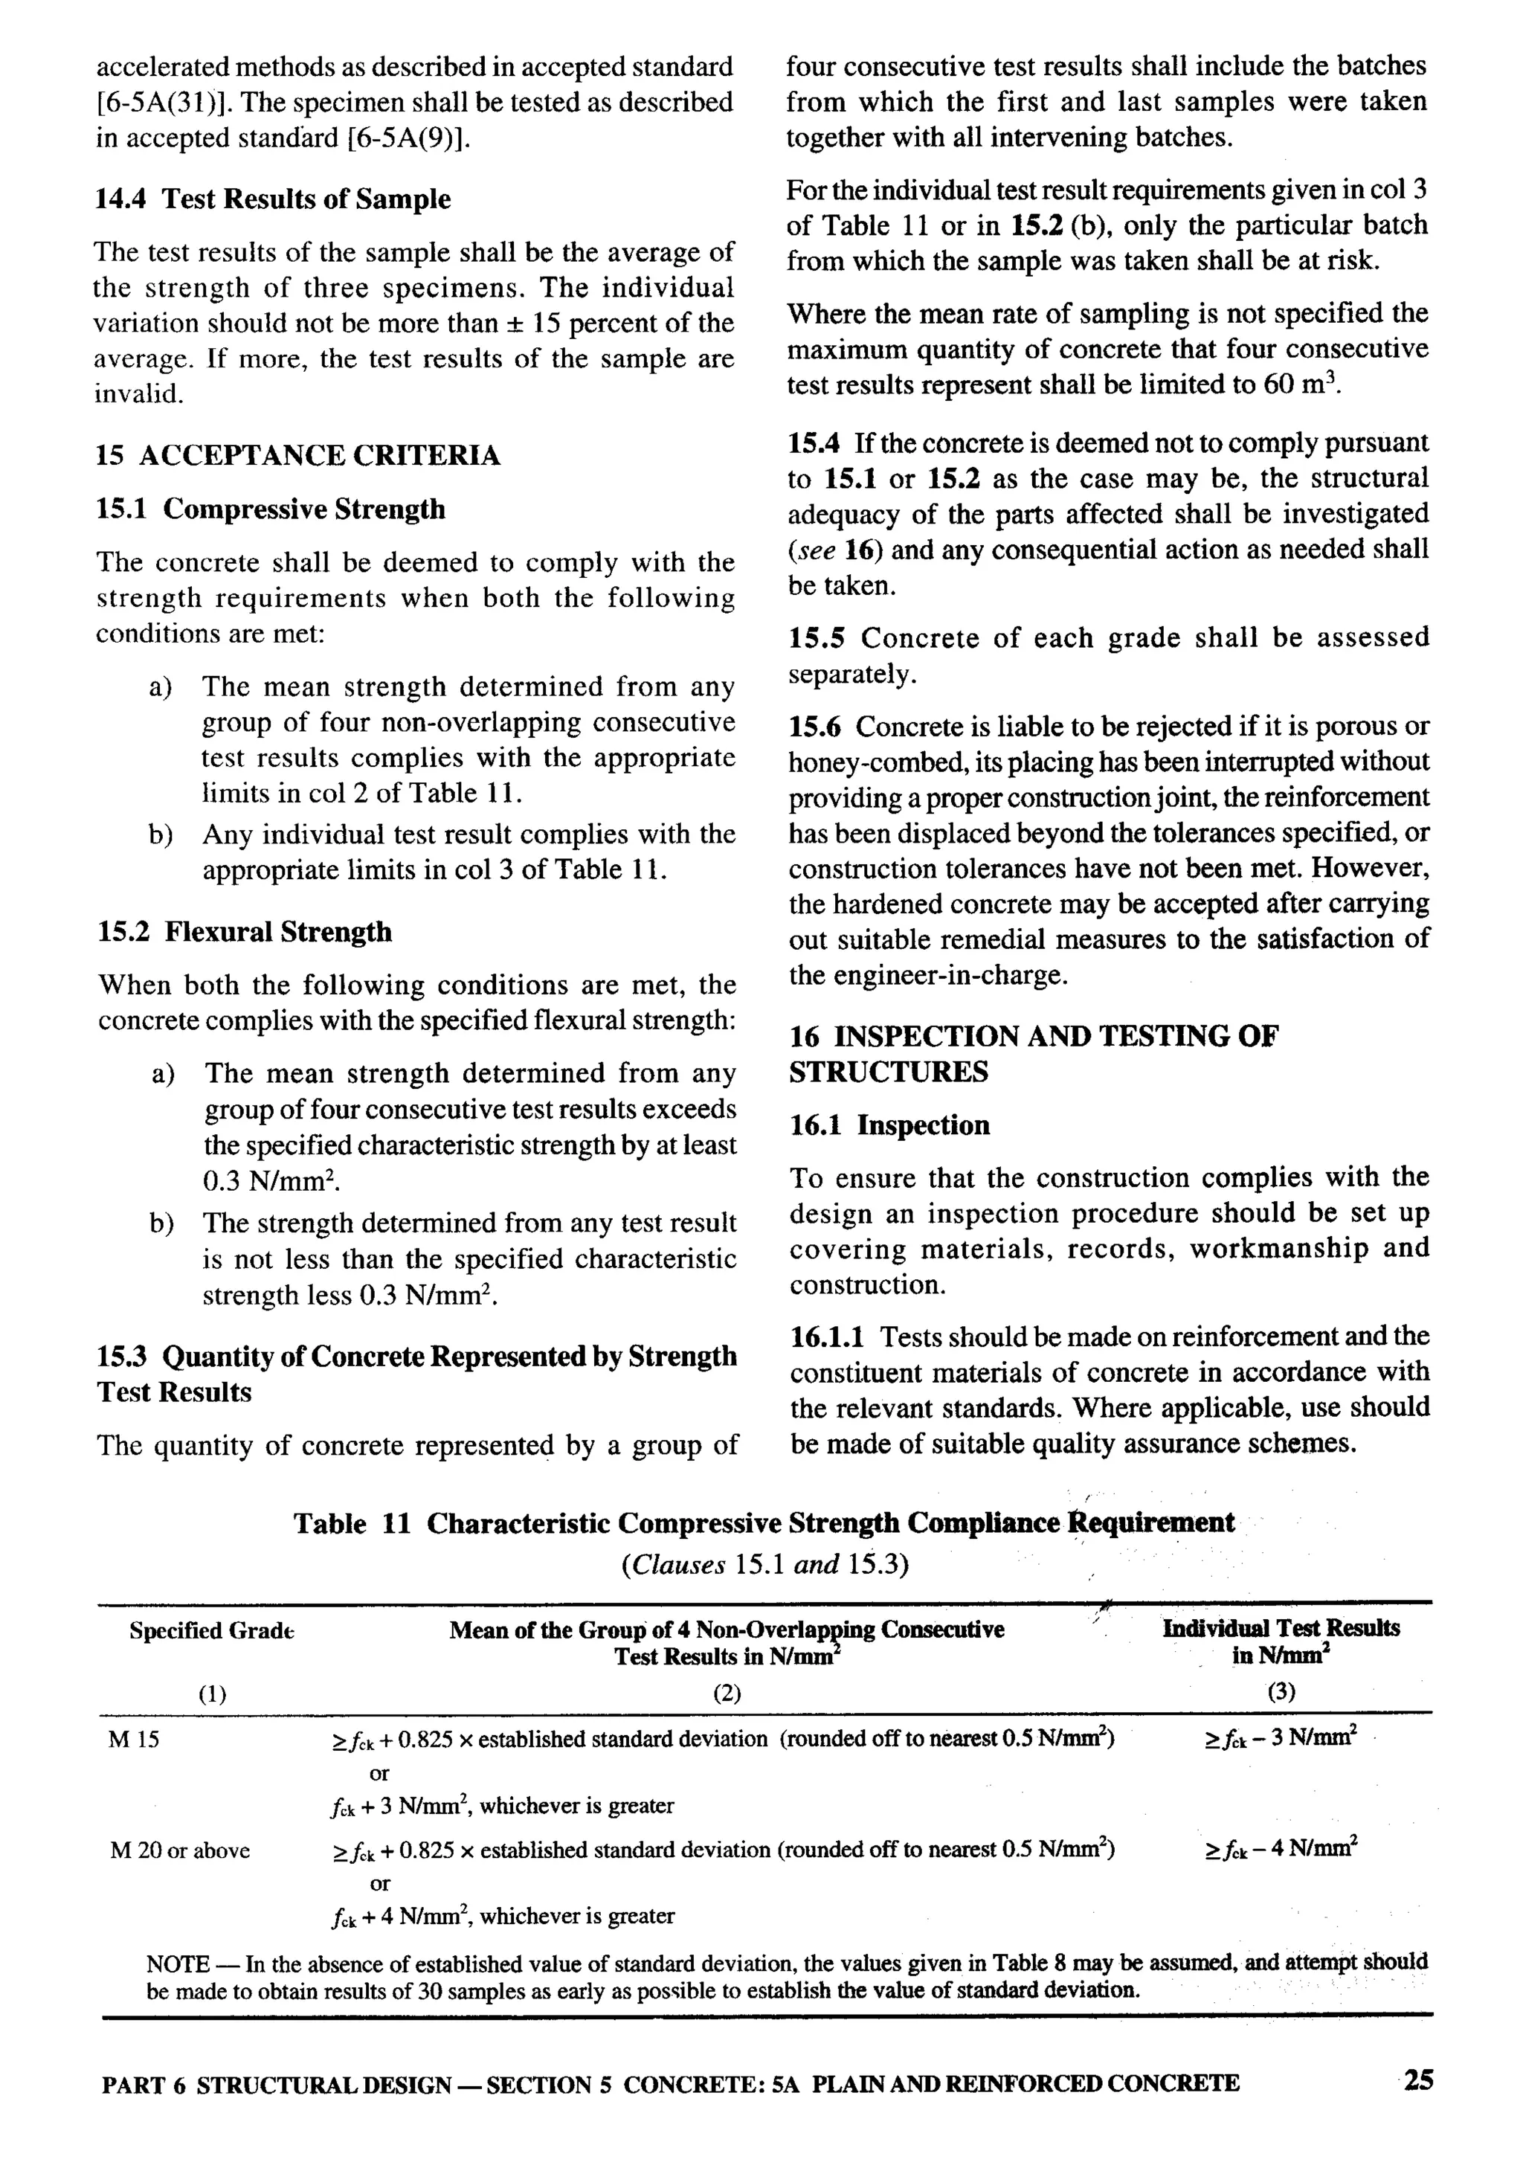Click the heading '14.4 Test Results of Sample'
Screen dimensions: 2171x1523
(272, 199)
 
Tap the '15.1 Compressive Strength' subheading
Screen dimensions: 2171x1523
(271, 509)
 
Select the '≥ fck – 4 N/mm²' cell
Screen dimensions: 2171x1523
(1281, 1847)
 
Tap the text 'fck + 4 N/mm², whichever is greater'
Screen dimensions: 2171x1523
(503, 1916)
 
